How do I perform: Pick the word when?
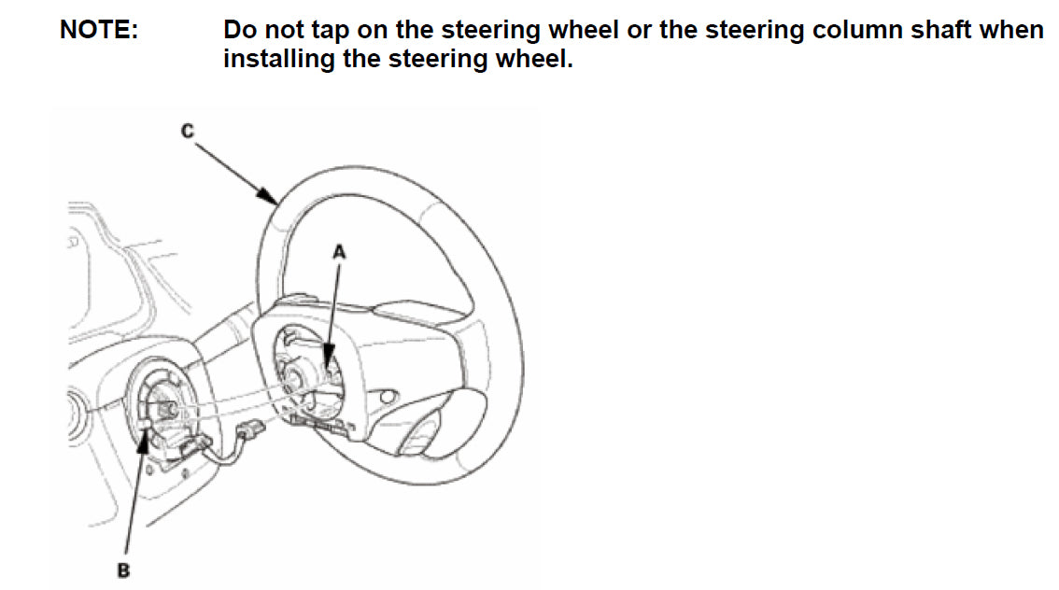pos(1011,31)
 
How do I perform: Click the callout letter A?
pos(339,252)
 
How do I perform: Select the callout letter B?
pos(123,570)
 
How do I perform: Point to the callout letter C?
pos(188,131)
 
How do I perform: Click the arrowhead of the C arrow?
pos(269,196)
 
